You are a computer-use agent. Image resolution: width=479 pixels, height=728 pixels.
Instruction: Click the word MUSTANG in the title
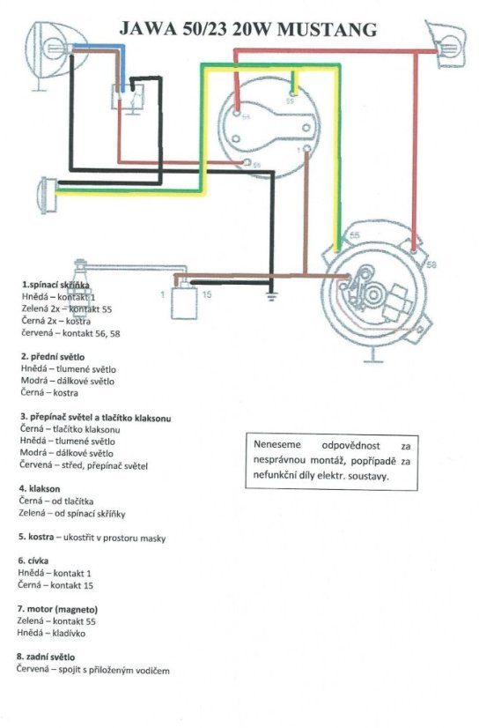point(327,29)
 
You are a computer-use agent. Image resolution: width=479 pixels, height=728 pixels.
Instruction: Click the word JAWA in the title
point(147,29)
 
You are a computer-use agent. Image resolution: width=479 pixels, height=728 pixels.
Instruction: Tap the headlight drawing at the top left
point(54,50)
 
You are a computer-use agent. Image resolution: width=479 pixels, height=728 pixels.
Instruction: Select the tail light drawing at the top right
point(446,44)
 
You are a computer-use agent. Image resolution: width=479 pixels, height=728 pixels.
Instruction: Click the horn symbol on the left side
point(48,196)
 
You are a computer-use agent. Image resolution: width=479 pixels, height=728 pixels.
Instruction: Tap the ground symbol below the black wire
point(272,297)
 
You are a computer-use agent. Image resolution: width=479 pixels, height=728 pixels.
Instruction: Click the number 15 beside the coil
point(207,294)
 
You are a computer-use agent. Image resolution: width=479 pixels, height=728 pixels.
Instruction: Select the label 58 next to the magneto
point(431,265)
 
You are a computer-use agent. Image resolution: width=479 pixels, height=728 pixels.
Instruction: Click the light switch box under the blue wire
point(128,98)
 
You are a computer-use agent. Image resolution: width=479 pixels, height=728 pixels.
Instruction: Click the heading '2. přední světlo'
point(53,357)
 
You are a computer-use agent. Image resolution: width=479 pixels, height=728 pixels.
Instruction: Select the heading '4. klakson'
point(40,488)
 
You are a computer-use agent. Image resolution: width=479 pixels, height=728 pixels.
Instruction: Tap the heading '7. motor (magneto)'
point(57,609)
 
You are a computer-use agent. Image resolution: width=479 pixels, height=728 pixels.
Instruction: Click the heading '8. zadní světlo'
point(46,657)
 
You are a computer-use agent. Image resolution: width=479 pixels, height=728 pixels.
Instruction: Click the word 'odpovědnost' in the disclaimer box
point(351,446)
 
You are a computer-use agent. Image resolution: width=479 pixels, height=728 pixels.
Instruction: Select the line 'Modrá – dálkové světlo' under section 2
point(67,381)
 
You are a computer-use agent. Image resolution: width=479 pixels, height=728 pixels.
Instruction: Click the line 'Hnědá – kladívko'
point(51,633)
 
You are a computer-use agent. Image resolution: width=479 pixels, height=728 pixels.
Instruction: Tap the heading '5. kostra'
point(36,537)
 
